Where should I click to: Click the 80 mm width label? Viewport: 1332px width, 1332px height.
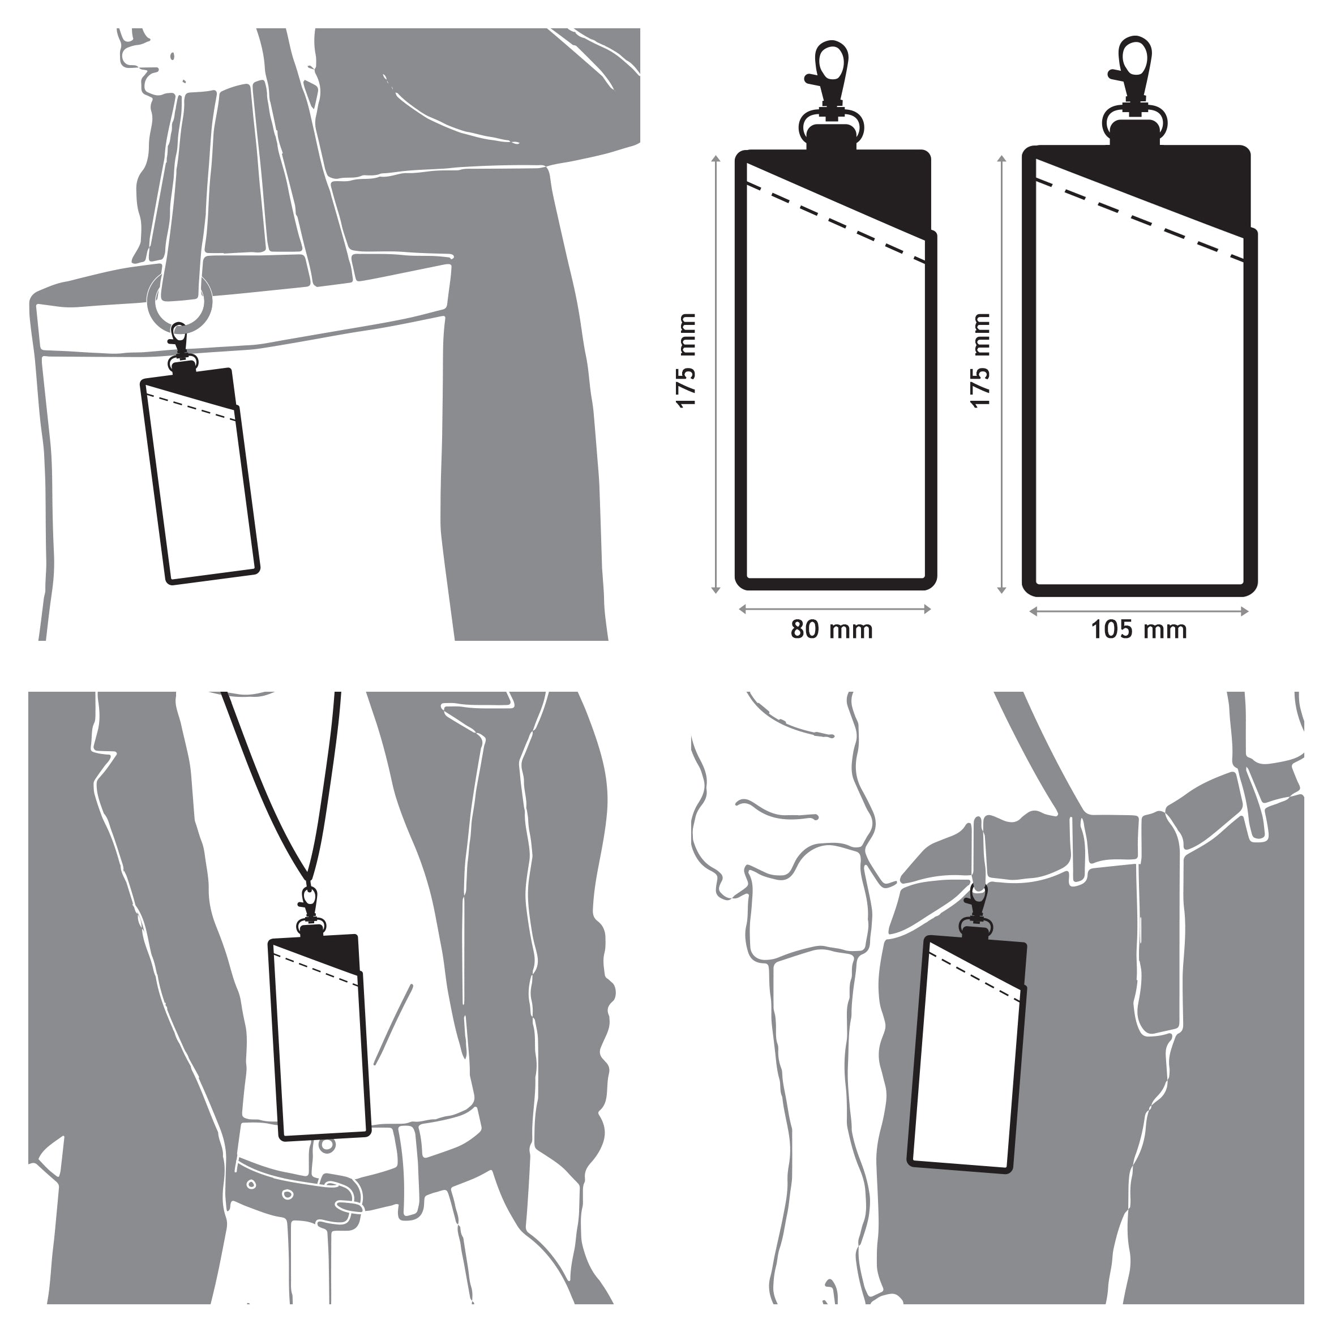coord(832,629)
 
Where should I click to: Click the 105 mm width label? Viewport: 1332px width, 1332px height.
coord(1139,629)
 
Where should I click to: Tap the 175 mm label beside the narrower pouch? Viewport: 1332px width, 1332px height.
coord(687,361)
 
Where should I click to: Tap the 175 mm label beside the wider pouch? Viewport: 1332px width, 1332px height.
coord(980,361)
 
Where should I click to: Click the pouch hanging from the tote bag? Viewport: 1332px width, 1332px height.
coord(199,476)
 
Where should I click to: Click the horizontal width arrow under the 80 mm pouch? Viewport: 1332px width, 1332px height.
coord(835,609)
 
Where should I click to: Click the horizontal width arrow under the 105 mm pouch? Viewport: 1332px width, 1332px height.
coord(1139,611)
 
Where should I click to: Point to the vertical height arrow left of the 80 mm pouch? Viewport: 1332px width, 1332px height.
coord(716,374)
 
